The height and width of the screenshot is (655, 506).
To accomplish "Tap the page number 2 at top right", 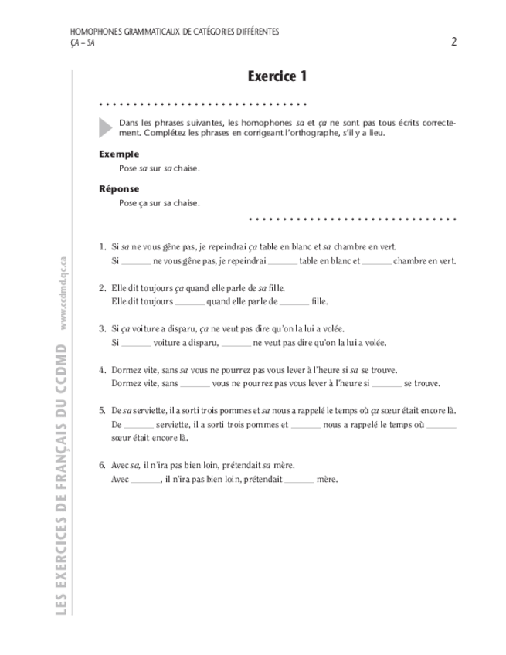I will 453,42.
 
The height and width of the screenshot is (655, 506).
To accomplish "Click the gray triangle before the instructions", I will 106,127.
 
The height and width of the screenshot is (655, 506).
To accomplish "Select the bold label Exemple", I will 119,154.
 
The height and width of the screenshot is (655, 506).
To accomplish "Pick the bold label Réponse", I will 119,188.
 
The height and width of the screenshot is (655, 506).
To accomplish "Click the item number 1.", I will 102,246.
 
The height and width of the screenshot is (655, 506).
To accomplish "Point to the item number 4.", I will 102,370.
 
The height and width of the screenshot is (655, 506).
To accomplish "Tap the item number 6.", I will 102,465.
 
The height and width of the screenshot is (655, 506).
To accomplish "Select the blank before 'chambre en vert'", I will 377,263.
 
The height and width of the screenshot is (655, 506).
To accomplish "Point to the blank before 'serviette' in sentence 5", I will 139,426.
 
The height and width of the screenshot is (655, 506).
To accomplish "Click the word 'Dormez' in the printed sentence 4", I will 126,370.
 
